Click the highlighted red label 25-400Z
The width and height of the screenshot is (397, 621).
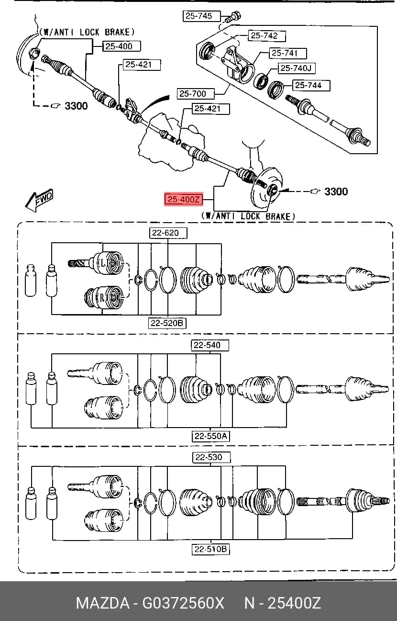point(184,199)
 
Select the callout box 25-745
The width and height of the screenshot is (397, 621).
point(201,16)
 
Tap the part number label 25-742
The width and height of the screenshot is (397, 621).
point(266,36)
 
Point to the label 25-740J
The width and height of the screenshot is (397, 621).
point(297,68)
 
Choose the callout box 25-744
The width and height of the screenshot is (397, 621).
point(311,85)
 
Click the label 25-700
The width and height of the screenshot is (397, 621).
point(196,94)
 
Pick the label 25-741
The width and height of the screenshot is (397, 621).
point(287,53)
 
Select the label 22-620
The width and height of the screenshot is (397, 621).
point(168,233)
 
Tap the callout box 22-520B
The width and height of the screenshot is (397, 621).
point(167,323)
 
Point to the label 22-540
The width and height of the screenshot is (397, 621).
point(210,345)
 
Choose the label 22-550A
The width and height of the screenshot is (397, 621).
point(211,436)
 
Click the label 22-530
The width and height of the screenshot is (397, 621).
point(211,457)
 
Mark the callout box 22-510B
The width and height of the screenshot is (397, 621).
point(211,549)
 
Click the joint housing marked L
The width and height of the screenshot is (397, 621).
point(108,263)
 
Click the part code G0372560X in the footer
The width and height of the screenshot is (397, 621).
point(183,602)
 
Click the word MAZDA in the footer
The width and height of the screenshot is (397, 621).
point(103,602)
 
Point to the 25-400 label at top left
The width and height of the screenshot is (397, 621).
point(121,46)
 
